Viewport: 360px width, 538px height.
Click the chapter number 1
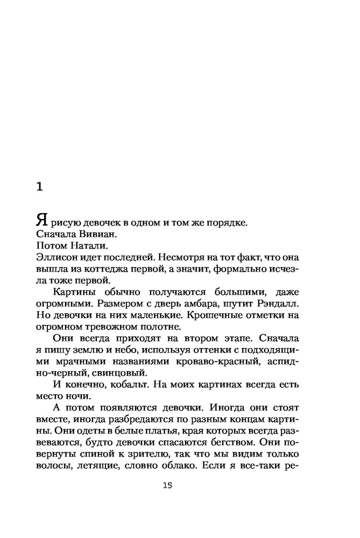click(x=39, y=187)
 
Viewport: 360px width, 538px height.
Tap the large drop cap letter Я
click(x=43, y=220)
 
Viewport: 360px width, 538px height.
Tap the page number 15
click(x=167, y=486)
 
